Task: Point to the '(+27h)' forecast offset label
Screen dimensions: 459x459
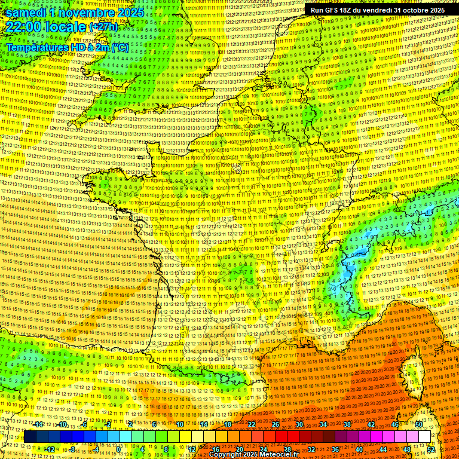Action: click(x=103, y=27)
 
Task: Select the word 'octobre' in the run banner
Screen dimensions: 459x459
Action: click(x=414, y=10)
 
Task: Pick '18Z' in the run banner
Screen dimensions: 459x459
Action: click(x=353, y=10)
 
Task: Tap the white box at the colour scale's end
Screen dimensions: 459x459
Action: click(x=424, y=437)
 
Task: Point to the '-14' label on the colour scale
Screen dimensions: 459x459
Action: click(x=39, y=424)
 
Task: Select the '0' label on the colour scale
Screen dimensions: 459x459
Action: click(x=118, y=449)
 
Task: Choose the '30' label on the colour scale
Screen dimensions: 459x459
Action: click(x=299, y=424)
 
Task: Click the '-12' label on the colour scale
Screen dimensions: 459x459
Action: click(x=50, y=449)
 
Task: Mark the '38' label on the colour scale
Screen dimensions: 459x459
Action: click(x=347, y=424)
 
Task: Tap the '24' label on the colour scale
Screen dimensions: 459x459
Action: click(x=263, y=449)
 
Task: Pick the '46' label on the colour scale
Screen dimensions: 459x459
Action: click(x=395, y=424)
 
